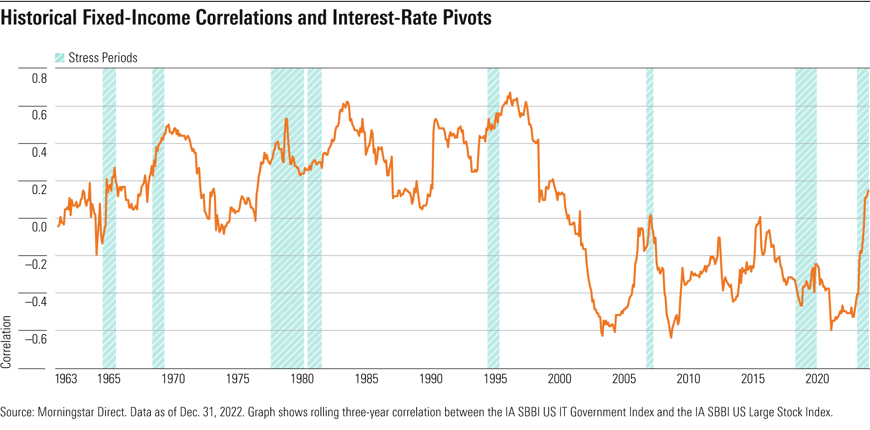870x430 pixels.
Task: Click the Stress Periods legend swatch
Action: coord(60,58)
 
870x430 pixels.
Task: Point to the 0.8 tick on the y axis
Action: coord(39,78)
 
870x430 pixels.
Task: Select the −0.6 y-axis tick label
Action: coord(36,339)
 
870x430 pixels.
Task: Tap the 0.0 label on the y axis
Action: coord(39,227)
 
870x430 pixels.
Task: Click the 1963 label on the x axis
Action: coord(66,379)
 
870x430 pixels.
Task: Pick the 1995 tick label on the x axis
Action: coord(495,379)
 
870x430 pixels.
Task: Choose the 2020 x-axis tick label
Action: coord(817,379)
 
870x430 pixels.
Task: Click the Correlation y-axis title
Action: coord(6,342)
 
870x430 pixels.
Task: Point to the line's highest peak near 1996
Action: coord(510,93)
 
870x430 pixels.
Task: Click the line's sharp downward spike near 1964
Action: coord(96,254)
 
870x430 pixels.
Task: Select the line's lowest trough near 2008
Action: coord(671,337)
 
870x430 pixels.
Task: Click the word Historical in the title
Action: coord(39,17)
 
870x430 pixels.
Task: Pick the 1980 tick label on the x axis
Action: coord(302,379)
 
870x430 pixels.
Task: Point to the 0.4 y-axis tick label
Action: coord(39,152)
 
